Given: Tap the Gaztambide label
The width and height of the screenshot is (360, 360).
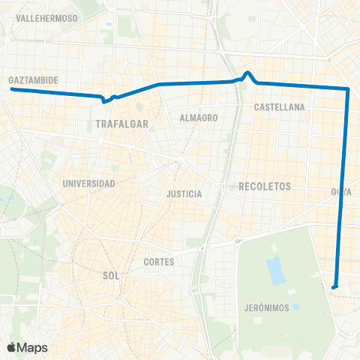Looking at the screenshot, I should point(33,79).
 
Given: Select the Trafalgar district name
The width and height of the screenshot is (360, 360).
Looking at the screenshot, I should point(121,124).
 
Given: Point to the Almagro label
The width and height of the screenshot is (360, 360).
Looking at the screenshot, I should point(199,118).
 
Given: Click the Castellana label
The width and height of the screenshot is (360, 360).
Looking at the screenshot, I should point(279,107).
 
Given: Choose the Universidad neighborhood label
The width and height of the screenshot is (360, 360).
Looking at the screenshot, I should point(89,183).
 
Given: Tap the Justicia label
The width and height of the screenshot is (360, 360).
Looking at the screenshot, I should point(184,193).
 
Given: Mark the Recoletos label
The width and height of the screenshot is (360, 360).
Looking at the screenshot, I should point(264,185).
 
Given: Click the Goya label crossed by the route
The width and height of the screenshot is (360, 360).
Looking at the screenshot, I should point(341,192).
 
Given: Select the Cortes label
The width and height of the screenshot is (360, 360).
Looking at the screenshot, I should point(158,262).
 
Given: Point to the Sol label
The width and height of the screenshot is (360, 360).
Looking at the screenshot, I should point(110,275).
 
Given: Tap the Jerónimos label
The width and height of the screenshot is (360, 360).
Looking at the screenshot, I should point(266,308).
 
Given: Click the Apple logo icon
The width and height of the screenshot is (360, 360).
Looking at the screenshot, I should point(11,347).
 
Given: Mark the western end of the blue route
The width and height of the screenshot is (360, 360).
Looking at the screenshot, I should point(12,89).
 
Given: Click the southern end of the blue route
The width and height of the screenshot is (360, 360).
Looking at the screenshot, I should point(334,286).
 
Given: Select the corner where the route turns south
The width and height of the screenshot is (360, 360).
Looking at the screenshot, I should point(348,89).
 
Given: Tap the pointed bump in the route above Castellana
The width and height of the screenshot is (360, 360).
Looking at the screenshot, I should point(248,73).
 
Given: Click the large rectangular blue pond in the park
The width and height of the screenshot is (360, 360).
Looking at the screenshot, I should point(277,270).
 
